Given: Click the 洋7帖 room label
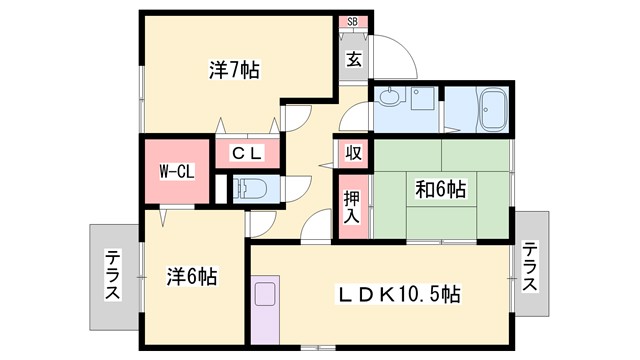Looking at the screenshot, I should coord(234,70).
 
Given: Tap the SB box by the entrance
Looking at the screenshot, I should coord(352,22).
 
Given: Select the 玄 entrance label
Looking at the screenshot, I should coord(354,58).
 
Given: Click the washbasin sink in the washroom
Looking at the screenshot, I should coord(391,99).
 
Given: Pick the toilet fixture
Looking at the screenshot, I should coord(250,187).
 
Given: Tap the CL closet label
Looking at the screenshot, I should coord(247,153).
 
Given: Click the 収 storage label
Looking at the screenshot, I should coord(353,152).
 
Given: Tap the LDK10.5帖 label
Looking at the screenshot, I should coord(397,295).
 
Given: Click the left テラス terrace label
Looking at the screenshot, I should coord(113,278).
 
